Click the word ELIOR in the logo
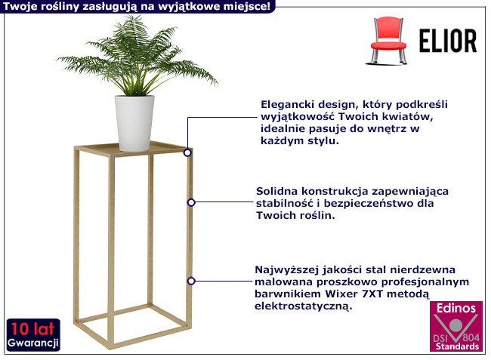tap(447, 41)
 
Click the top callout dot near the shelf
tap(187, 152)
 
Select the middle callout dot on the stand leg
tap(191, 202)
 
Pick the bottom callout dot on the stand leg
tap(191, 280)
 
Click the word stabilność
tap(284, 204)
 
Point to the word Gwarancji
tap(33, 343)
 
